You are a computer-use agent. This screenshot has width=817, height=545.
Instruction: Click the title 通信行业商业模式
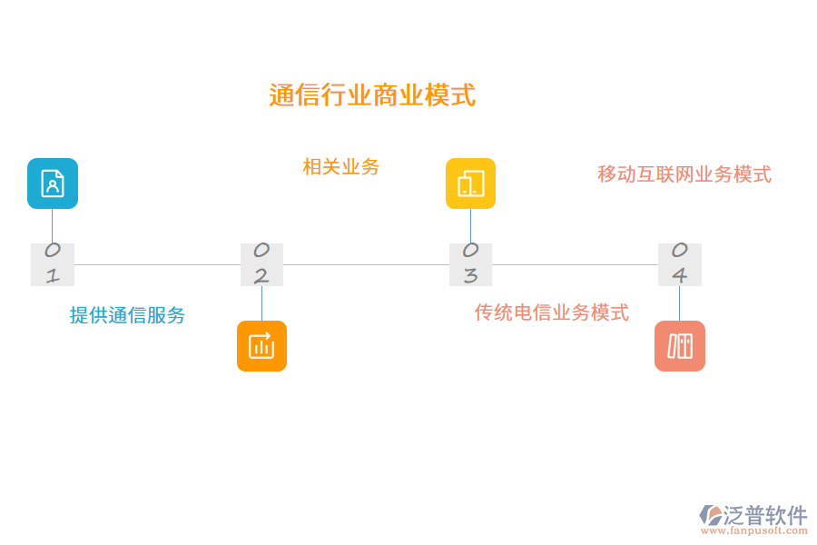[x=372, y=95]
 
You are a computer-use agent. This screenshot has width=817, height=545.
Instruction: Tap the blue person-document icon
[x=53, y=183]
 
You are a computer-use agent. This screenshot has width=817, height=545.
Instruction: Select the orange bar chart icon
[x=261, y=346]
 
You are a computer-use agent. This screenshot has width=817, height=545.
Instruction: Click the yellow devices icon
[x=470, y=183]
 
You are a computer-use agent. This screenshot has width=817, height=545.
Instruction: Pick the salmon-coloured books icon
[x=680, y=346]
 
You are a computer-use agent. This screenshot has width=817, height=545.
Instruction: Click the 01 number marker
[x=53, y=264]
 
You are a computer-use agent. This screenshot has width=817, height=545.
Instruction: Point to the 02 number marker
[x=261, y=264]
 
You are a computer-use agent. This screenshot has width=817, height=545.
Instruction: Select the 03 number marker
[x=470, y=264]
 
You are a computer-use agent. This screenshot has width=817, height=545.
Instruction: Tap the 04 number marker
[x=680, y=264]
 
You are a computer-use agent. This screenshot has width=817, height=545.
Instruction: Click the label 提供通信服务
[x=127, y=315]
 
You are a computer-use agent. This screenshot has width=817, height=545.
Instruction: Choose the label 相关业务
[x=340, y=167]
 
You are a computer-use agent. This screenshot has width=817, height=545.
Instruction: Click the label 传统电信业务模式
[x=551, y=313]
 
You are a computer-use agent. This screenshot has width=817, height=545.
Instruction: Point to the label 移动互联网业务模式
[x=684, y=174]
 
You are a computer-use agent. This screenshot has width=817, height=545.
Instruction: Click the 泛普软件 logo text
[x=765, y=516]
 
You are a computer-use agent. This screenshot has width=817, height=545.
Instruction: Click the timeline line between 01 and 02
[x=156, y=265]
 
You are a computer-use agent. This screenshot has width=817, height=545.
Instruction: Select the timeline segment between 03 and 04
[x=575, y=265]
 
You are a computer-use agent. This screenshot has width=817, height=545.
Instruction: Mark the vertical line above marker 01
[x=53, y=226]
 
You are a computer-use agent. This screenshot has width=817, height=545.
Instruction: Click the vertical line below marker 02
[x=261, y=303]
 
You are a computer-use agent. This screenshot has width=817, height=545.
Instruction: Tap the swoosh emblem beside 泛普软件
[x=710, y=515]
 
